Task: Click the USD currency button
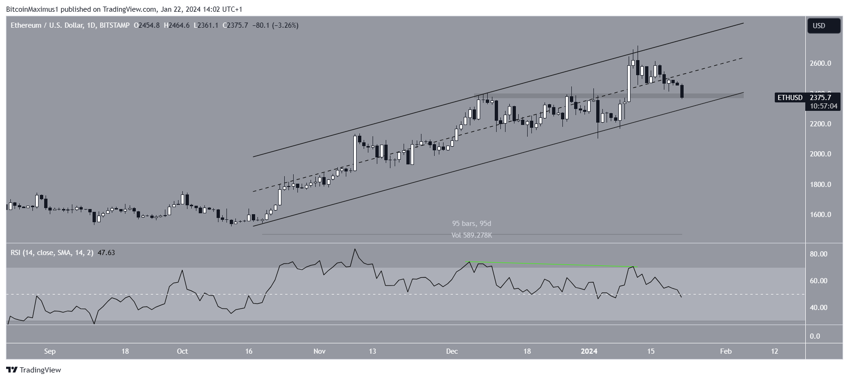pos(823,26)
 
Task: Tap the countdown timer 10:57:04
pos(823,106)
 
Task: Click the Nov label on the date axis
pos(319,351)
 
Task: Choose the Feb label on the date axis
pos(726,351)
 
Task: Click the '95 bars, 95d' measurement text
pos(471,224)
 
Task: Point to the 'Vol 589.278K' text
pos(471,235)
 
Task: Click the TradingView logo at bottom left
pos(33,370)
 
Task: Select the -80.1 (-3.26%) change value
pos(275,25)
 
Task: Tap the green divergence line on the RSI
pos(550,264)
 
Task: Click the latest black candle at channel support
pos(682,92)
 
